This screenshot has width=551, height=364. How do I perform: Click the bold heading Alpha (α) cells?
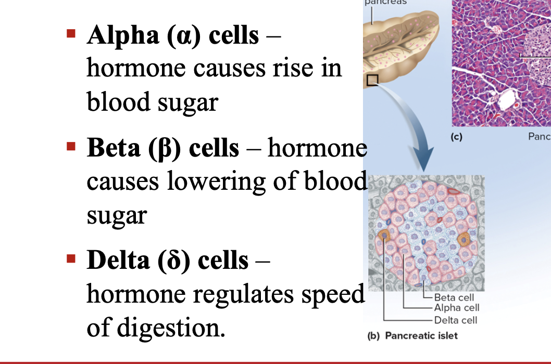click(172, 35)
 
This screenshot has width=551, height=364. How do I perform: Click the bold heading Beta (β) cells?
click(163, 149)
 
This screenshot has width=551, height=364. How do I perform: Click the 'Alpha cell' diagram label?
click(456, 308)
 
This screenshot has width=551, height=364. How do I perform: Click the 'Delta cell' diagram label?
click(456, 320)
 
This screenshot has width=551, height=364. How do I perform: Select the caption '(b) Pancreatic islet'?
click(412, 336)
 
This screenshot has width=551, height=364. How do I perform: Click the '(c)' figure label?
click(456, 138)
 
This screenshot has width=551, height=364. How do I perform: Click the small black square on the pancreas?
click(372, 80)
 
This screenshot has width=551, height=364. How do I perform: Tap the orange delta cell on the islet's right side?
click(463, 240)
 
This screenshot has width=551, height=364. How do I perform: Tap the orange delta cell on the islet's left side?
click(385, 236)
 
